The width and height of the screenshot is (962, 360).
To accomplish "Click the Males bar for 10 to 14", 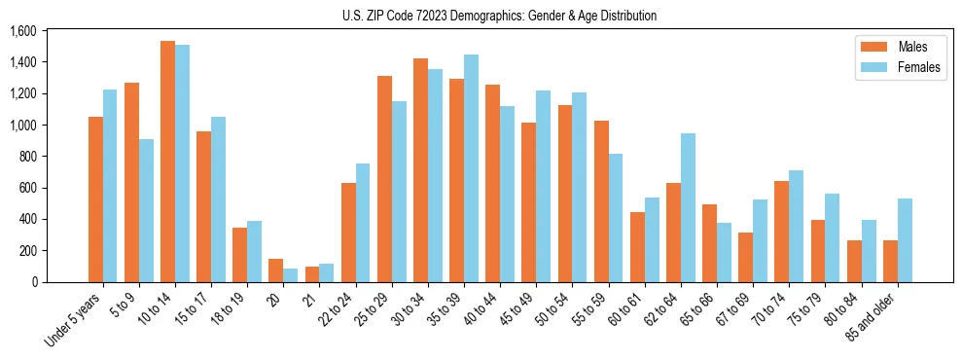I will pyautogui.click(x=167, y=162).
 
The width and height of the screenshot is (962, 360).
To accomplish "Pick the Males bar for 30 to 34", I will pyautogui.click(x=420, y=170).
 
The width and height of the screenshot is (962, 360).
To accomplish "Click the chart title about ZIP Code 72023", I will pyautogui.click(x=499, y=16).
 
